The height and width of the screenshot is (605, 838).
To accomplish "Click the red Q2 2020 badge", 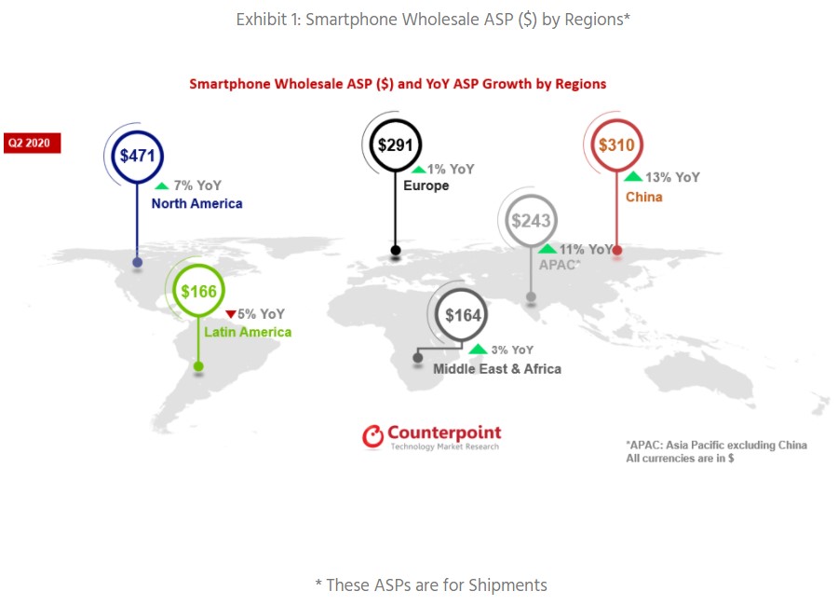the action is (32, 143).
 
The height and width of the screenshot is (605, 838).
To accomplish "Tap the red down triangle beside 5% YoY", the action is (231, 314).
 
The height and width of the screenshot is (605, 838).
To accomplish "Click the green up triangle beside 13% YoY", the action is (633, 176).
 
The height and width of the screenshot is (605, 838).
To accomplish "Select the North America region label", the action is (196, 204).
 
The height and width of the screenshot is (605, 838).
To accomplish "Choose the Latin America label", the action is (248, 332).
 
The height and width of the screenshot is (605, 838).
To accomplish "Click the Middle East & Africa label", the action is (497, 369).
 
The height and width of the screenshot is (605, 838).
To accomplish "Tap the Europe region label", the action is (426, 186).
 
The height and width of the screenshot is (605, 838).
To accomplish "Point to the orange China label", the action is (644, 197).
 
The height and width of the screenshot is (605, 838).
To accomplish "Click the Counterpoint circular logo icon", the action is (373, 436).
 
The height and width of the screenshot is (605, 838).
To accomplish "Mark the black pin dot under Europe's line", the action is (396, 251).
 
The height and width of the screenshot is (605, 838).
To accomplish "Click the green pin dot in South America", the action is (198, 366).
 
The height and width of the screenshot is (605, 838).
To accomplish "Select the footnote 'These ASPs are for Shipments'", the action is (431, 585).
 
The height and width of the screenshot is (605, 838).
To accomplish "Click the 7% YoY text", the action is (197, 186).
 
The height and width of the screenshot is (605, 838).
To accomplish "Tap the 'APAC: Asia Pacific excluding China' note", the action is (717, 445).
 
